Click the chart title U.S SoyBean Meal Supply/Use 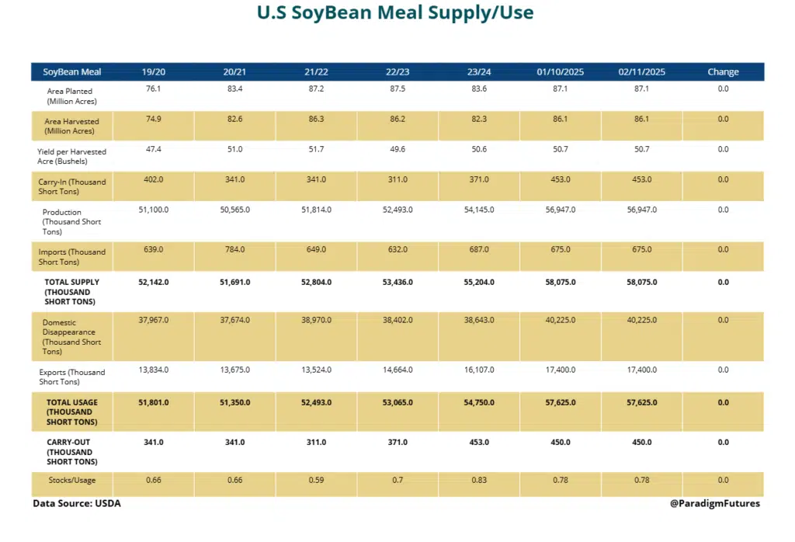(395, 13)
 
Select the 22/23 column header (397, 72)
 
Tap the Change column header (723, 72)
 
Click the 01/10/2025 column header (560, 72)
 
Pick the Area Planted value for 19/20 (154, 89)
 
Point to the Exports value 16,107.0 (479, 370)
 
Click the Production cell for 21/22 (316, 210)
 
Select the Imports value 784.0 (234, 249)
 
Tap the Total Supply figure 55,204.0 (479, 283)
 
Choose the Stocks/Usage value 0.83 (479, 481)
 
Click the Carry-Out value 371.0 (397, 442)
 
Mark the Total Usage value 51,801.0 (154, 402)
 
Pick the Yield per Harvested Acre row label (71, 156)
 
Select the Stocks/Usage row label (71, 481)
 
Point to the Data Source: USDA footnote (77, 503)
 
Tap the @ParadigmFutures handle (715, 503)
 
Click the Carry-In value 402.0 (154, 179)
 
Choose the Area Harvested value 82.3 (479, 119)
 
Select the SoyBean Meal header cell (71, 72)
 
